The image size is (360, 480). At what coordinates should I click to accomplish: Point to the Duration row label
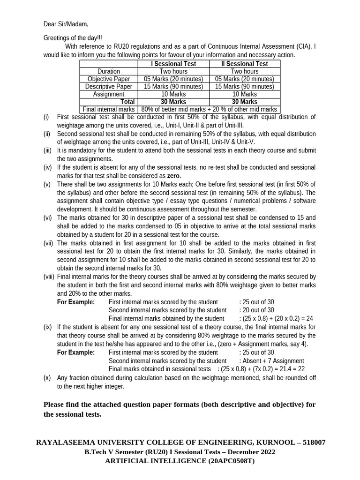tap(109, 71)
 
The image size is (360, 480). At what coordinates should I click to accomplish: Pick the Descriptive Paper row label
tap(109, 87)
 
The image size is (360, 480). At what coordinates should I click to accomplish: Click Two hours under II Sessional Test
tap(244, 71)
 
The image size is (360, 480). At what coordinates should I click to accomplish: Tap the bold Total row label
tap(127, 102)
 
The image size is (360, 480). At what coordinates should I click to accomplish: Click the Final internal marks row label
tap(109, 110)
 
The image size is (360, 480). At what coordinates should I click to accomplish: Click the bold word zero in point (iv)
tap(173, 175)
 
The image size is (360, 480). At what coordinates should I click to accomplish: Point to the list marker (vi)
tap(48, 217)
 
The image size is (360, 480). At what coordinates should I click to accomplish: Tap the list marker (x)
tap(47, 378)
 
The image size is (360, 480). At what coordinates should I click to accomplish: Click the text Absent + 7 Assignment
tap(271, 361)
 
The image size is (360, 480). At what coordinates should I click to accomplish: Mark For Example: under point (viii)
tap(76, 302)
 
